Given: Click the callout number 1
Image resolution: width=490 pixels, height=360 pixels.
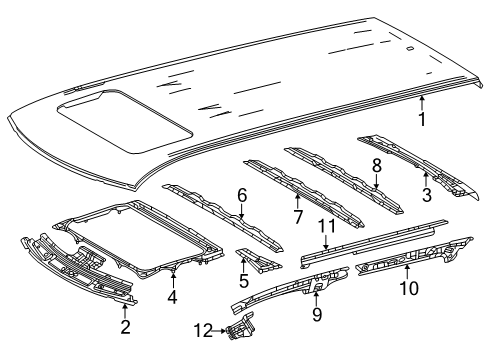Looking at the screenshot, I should (422, 122).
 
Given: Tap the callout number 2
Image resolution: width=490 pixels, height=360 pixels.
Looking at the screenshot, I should (124, 326).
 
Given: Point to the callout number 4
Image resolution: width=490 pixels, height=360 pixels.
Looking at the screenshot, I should (173, 296).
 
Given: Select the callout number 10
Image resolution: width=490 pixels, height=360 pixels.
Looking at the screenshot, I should (407, 288).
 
